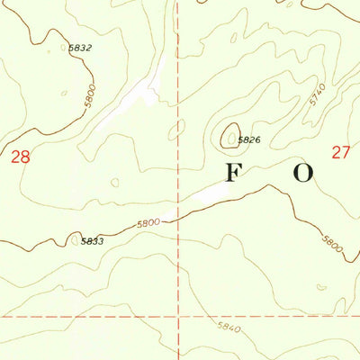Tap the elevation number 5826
pyautogui.click(x=249, y=139)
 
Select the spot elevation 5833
pyautogui.click(x=92, y=241)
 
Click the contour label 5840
pyautogui.click(x=229, y=329)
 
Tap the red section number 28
pyautogui.click(x=20, y=157)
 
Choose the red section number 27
pyautogui.click(x=339, y=152)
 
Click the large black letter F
pyautogui.click(x=233, y=175)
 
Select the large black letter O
pyautogui.click(x=302, y=175)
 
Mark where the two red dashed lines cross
pyautogui.click(x=177, y=316)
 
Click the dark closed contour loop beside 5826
pyautogui.click(x=229, y=136)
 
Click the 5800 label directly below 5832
pyautogui.click(x=88, y=101)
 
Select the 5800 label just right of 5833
pyautogui.click(x=148, y=222)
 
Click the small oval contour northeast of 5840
pyautogui.click(x=319, y=287)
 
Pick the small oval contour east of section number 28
pyautogui.click(x=114, y=183)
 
